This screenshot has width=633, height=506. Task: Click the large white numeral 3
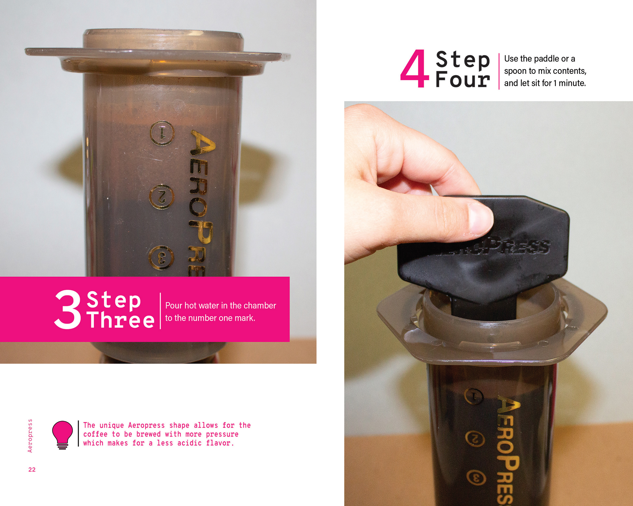[x=68, y=309]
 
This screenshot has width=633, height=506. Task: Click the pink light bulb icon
[x=62, y=435]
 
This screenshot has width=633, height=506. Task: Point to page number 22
[x=32, y=469]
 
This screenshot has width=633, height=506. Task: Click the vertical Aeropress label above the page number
[x=30, y=436]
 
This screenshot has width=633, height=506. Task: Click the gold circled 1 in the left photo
[x=162, y=133]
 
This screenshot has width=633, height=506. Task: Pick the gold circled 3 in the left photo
[x=161, y=258]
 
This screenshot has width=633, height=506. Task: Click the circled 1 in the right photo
[x=474, y=396]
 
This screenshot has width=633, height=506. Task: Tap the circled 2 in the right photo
[x=475, y=438]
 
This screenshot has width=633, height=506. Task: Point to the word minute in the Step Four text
[x=572, y=83]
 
